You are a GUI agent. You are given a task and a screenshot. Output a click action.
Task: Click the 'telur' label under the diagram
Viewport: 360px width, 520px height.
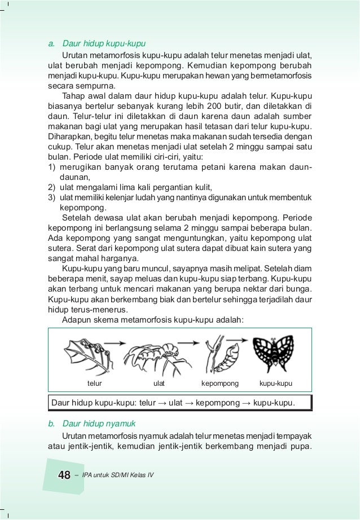click(94, 384)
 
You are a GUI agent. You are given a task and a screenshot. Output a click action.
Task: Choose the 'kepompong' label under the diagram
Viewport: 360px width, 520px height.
click(220, 384)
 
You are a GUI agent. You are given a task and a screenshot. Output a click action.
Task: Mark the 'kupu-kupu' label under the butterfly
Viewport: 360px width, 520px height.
click(277, 384)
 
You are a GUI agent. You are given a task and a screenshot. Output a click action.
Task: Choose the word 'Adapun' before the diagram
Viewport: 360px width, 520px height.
click(76, 319)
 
